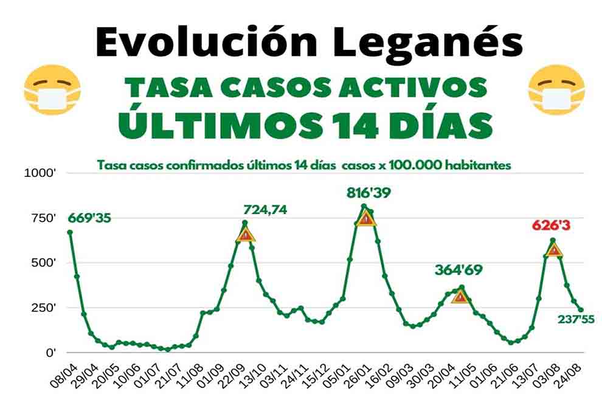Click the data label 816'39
pos(368,193)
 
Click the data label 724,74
pos(265,210)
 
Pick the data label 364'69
pos(458,270)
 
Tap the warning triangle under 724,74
pos(245,234)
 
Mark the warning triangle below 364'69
pos(460,297)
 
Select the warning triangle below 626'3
pos(554,250)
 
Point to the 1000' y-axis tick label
pos(40,173)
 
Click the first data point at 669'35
pos(70,232)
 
